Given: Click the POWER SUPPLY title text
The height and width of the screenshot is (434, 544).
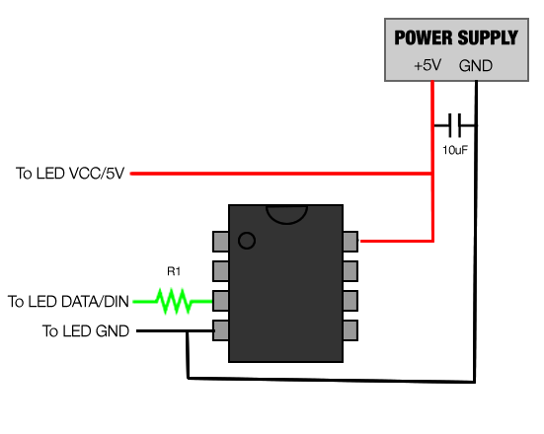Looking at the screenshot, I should coord(455,38).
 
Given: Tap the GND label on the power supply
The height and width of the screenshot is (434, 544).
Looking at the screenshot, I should coord(476,66).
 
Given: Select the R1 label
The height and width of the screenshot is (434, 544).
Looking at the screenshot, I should coord(175,269).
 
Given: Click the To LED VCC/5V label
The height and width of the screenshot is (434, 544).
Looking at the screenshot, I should coord(69,174).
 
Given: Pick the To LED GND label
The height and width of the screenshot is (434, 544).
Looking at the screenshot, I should coord(85,331).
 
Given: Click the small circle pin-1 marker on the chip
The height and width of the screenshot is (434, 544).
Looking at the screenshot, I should coord(247,240).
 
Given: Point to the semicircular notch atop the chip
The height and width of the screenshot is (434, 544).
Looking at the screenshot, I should coord(286,211).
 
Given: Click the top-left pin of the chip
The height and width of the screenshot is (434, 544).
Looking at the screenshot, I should coord(221,240).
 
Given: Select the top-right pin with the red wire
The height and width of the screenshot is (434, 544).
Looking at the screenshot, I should coord(350,240).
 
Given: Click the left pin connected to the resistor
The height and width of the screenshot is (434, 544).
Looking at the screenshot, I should coord(221,300).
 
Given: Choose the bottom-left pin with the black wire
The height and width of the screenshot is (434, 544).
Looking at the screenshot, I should coord(221,330).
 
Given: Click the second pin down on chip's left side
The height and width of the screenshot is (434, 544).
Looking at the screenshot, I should coord(221,270).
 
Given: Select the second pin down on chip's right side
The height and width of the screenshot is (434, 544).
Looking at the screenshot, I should coord(350,270).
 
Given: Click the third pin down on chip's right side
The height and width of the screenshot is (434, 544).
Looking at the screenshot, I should coord(350,300).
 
